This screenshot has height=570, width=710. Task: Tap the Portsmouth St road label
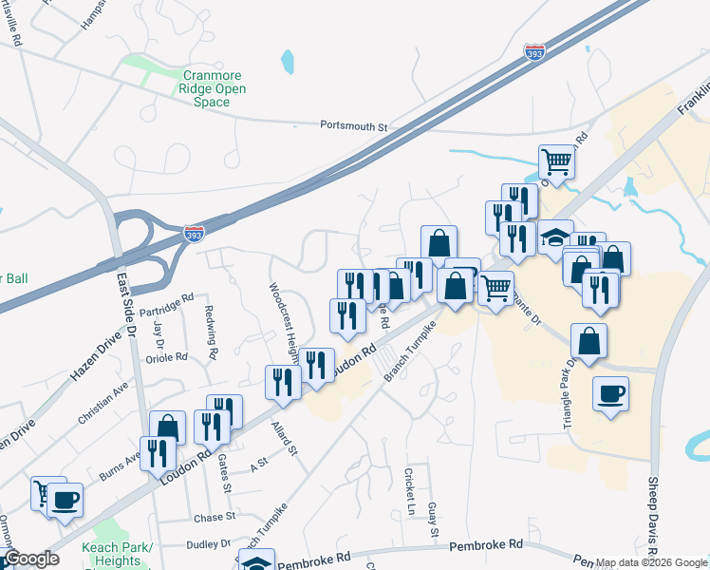pyautogui.click(x=354, y=125)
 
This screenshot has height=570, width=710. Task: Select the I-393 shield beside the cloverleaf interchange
pyautogui.click(x=194, y=231)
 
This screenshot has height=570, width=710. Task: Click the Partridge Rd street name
pyautogui.click(x=166, y=303)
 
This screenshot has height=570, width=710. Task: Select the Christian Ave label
pyautogui.click(x=103, y=402)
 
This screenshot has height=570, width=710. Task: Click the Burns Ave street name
pyautogui.click(x=121, y=462)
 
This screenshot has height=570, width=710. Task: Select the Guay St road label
pyautogui.click(x=433, y=520)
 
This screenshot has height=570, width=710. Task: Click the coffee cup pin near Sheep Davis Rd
pyautogui.click(x=610, y=392)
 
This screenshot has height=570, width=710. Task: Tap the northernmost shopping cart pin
pyautogui.click(x=556, y=161)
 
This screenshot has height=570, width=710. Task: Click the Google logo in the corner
pyautogui.click(x=31, y=559)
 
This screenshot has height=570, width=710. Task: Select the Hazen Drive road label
pyautogui.click(x=96, y=356)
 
